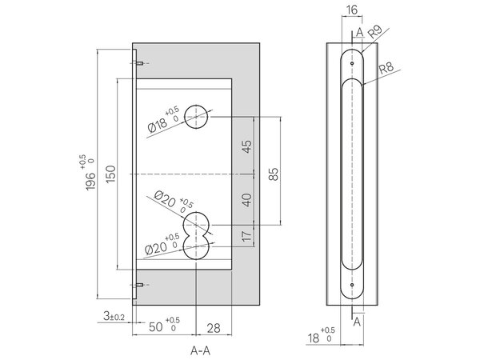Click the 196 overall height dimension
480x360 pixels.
[90, 182]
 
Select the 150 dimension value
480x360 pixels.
[111, 174]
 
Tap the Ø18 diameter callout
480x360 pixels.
[158, 125]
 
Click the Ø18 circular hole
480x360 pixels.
[196, 117]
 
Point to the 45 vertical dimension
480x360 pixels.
[246, 146]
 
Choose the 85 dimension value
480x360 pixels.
[274, 174]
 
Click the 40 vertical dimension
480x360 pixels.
[246, 199]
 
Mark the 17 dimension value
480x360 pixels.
[246, 236]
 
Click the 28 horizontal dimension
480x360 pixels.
[214, 328]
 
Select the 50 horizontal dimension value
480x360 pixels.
[155, 326]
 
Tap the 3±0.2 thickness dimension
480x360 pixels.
[114, 316]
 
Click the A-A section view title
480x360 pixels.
[201, 350]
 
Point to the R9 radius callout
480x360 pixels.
[374, 31]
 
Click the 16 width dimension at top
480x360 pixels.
[352, 10]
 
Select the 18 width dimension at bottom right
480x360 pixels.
[314, 338]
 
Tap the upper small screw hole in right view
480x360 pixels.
[352, 63]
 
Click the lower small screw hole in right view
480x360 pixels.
[352, 285]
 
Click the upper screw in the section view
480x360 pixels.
[139, 63]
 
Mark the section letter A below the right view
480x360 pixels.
[357, 322]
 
